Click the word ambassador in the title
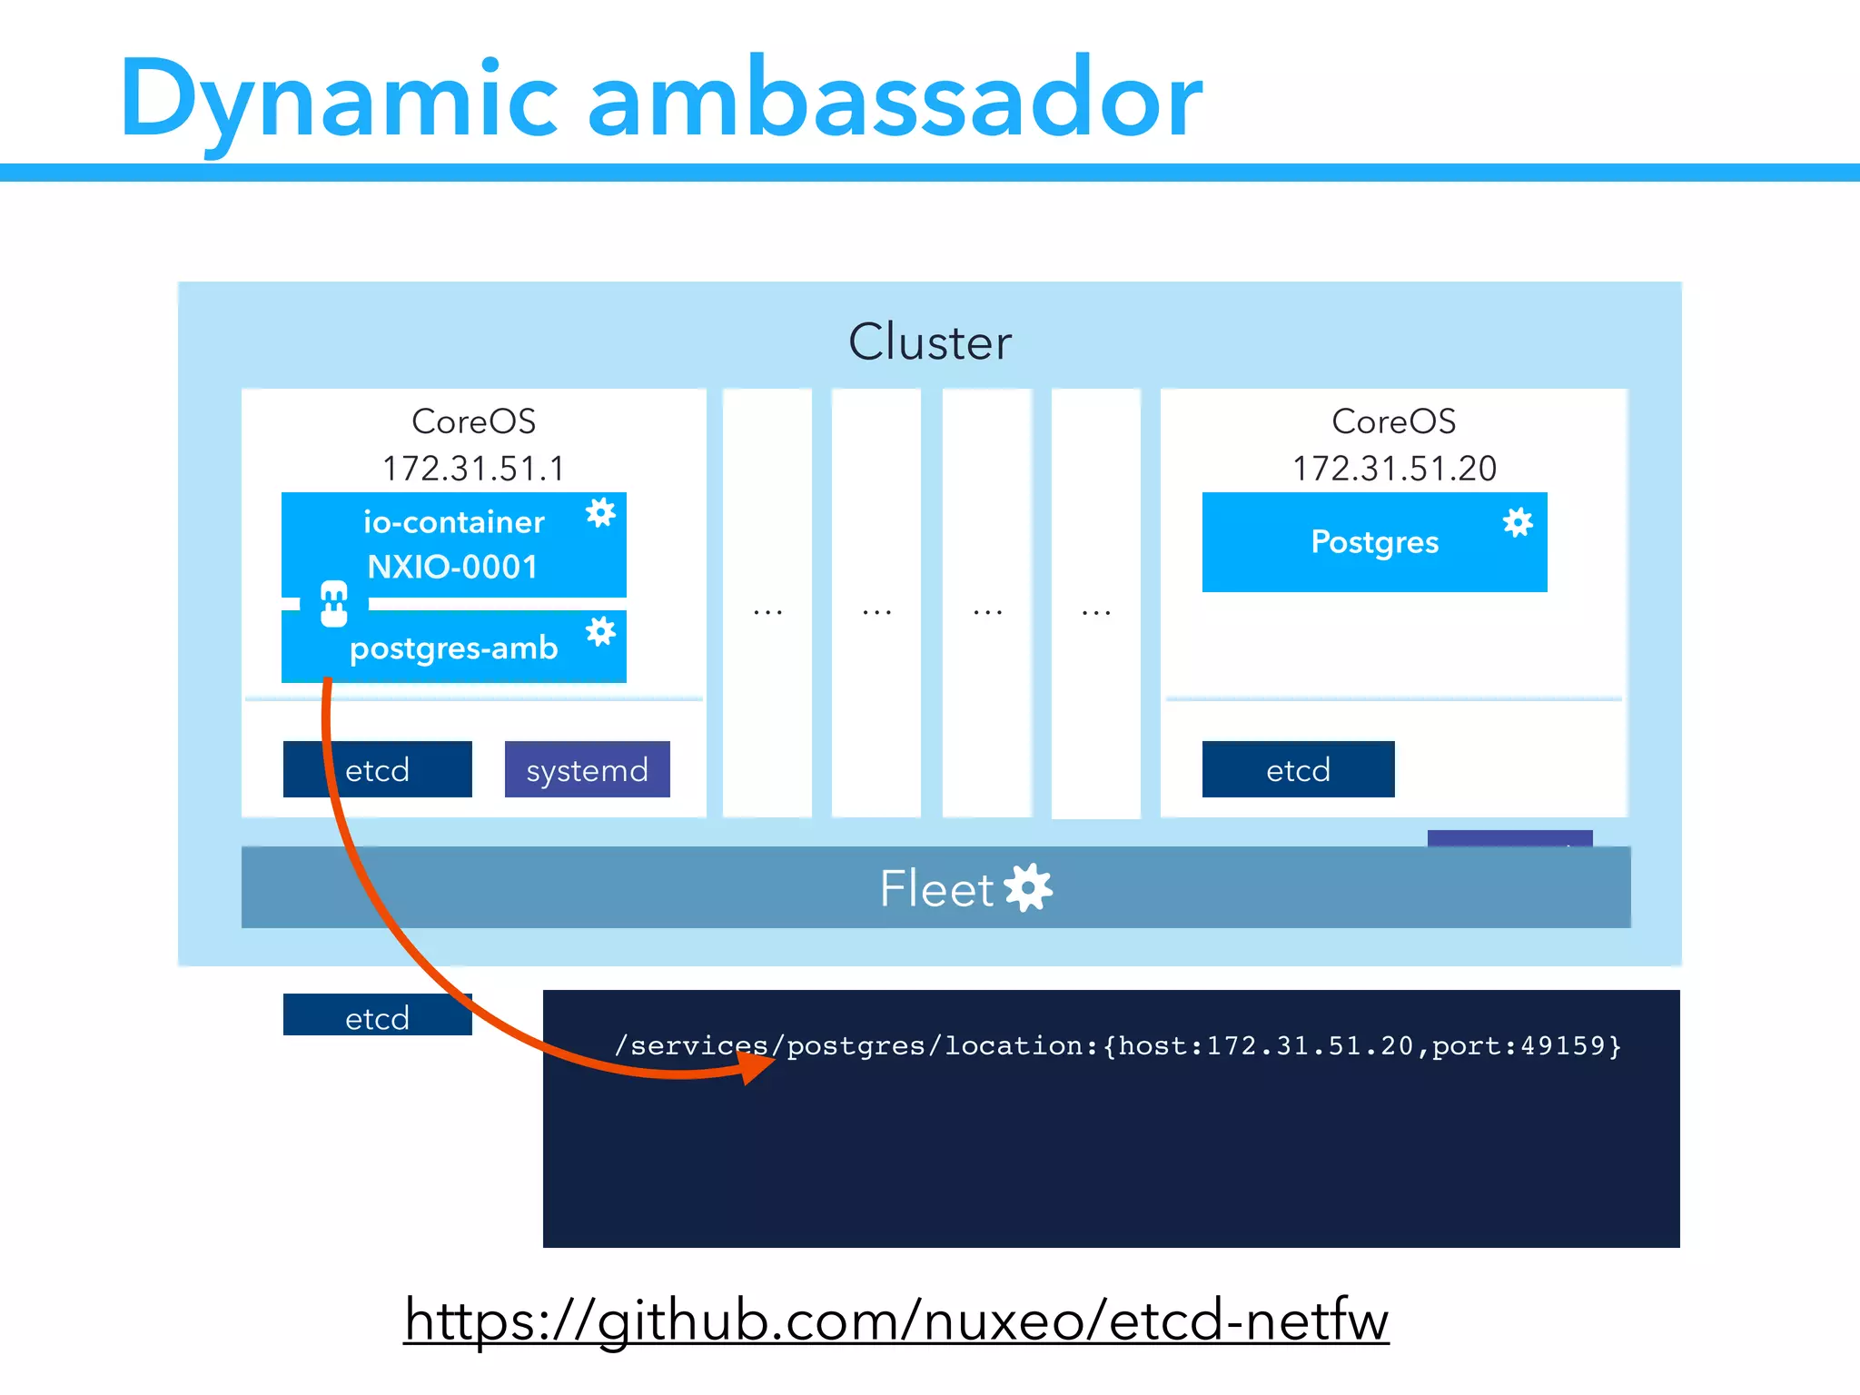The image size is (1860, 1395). (895, 98)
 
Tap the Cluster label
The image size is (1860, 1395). (929, 342)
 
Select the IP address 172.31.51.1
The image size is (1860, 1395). (473, 469)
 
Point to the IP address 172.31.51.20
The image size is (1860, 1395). (1394, 469)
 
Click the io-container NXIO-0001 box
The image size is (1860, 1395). (453, 544)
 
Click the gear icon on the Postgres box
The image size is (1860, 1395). (1518, 522)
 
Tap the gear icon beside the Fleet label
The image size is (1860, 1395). (1029, 887)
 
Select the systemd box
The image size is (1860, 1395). (587, 770)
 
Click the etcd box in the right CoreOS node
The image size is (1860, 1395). (1298, 770)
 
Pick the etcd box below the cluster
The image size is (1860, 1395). (377, 1015)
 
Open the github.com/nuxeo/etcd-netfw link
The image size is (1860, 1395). (896, 1321)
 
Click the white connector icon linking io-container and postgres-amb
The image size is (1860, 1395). (334, 604)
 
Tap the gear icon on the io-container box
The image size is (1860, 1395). (600, 513)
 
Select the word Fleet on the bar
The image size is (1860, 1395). (936, 888)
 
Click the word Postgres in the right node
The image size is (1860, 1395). (1374, 542)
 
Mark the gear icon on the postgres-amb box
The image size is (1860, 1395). (600, 631)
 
